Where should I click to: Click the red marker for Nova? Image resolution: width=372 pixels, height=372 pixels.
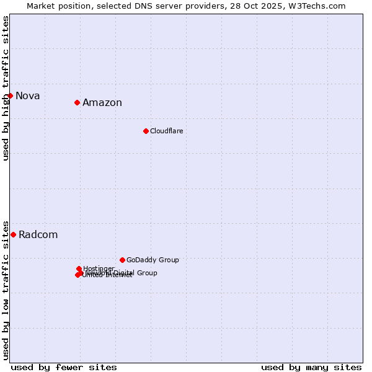[x=10, y=95]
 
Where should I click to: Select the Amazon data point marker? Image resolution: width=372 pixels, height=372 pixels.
[x=77, y=102]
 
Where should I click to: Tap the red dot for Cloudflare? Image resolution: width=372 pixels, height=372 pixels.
[x=146, y=131]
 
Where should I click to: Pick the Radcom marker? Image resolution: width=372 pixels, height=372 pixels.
[x=13, y=234]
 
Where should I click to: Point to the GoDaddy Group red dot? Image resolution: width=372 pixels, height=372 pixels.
[x=122, y=260]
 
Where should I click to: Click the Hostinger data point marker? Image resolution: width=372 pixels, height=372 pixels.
[x=79, y=268]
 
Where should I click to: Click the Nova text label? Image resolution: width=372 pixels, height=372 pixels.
[x=28, y=95]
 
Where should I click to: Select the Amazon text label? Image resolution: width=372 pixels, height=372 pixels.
[x=102, y=103]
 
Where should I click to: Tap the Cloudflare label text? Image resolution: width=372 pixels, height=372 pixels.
[x=167, y=131]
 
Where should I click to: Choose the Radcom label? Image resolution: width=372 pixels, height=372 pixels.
[x=38, y=234]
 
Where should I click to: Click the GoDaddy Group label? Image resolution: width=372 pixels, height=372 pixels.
[x=153, y=260]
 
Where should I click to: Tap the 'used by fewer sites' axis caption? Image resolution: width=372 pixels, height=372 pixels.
[x=64, y=367]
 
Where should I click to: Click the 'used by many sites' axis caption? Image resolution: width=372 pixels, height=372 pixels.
[x=311, y=367]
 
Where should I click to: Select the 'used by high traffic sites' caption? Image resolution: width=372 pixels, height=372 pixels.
[x=6, y=88]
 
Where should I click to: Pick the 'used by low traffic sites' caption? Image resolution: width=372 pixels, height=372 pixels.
[x=6, y=290]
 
